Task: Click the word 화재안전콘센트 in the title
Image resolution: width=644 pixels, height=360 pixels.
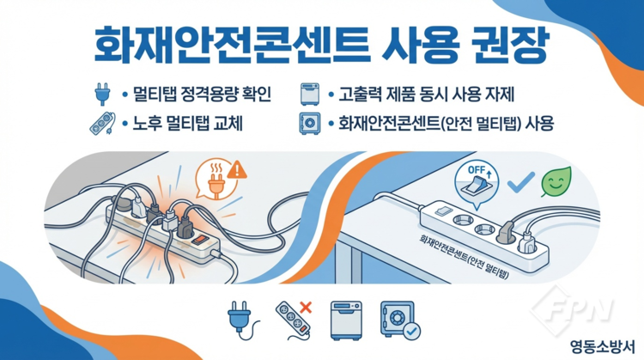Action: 232,46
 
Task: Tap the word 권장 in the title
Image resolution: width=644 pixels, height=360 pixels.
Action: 511,46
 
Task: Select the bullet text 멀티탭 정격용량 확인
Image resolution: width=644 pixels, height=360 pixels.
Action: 202,95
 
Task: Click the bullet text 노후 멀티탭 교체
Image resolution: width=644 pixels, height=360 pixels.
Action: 187,123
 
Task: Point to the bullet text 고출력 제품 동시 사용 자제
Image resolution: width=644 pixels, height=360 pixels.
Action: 426,95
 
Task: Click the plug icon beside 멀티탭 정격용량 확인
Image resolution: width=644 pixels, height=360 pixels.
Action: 102,95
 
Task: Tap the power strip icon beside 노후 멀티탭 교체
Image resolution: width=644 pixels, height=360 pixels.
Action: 102,123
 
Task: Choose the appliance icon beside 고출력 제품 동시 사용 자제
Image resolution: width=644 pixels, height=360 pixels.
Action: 310,95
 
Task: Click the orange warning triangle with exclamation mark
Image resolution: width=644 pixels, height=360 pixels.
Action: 237,170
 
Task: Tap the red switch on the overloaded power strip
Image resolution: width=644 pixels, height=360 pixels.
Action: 201,239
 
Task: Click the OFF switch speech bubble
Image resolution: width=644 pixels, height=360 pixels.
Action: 477,183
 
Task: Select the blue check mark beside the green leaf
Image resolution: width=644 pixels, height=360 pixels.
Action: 521,182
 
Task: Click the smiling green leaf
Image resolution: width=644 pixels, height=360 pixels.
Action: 556,181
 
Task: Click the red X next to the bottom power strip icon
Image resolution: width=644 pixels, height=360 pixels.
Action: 305,307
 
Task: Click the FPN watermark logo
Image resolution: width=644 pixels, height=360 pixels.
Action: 572,309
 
